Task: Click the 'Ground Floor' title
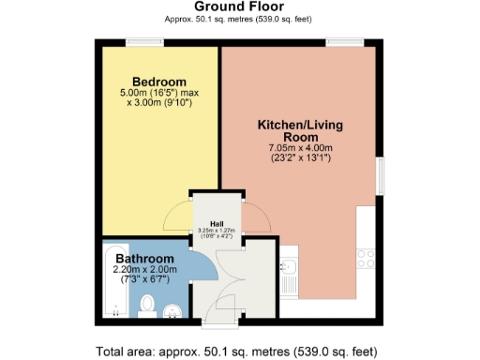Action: [x=240, y=7]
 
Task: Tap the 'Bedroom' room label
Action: [x=158, y=81]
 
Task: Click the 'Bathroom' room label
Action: [x=144, y=258]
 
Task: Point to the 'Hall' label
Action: [x=217, y=223]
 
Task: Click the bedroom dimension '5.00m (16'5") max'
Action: [x=159, y=94]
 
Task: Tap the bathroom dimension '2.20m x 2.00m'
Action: [x=145, y=270]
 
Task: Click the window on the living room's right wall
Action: [x=381, y=178]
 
